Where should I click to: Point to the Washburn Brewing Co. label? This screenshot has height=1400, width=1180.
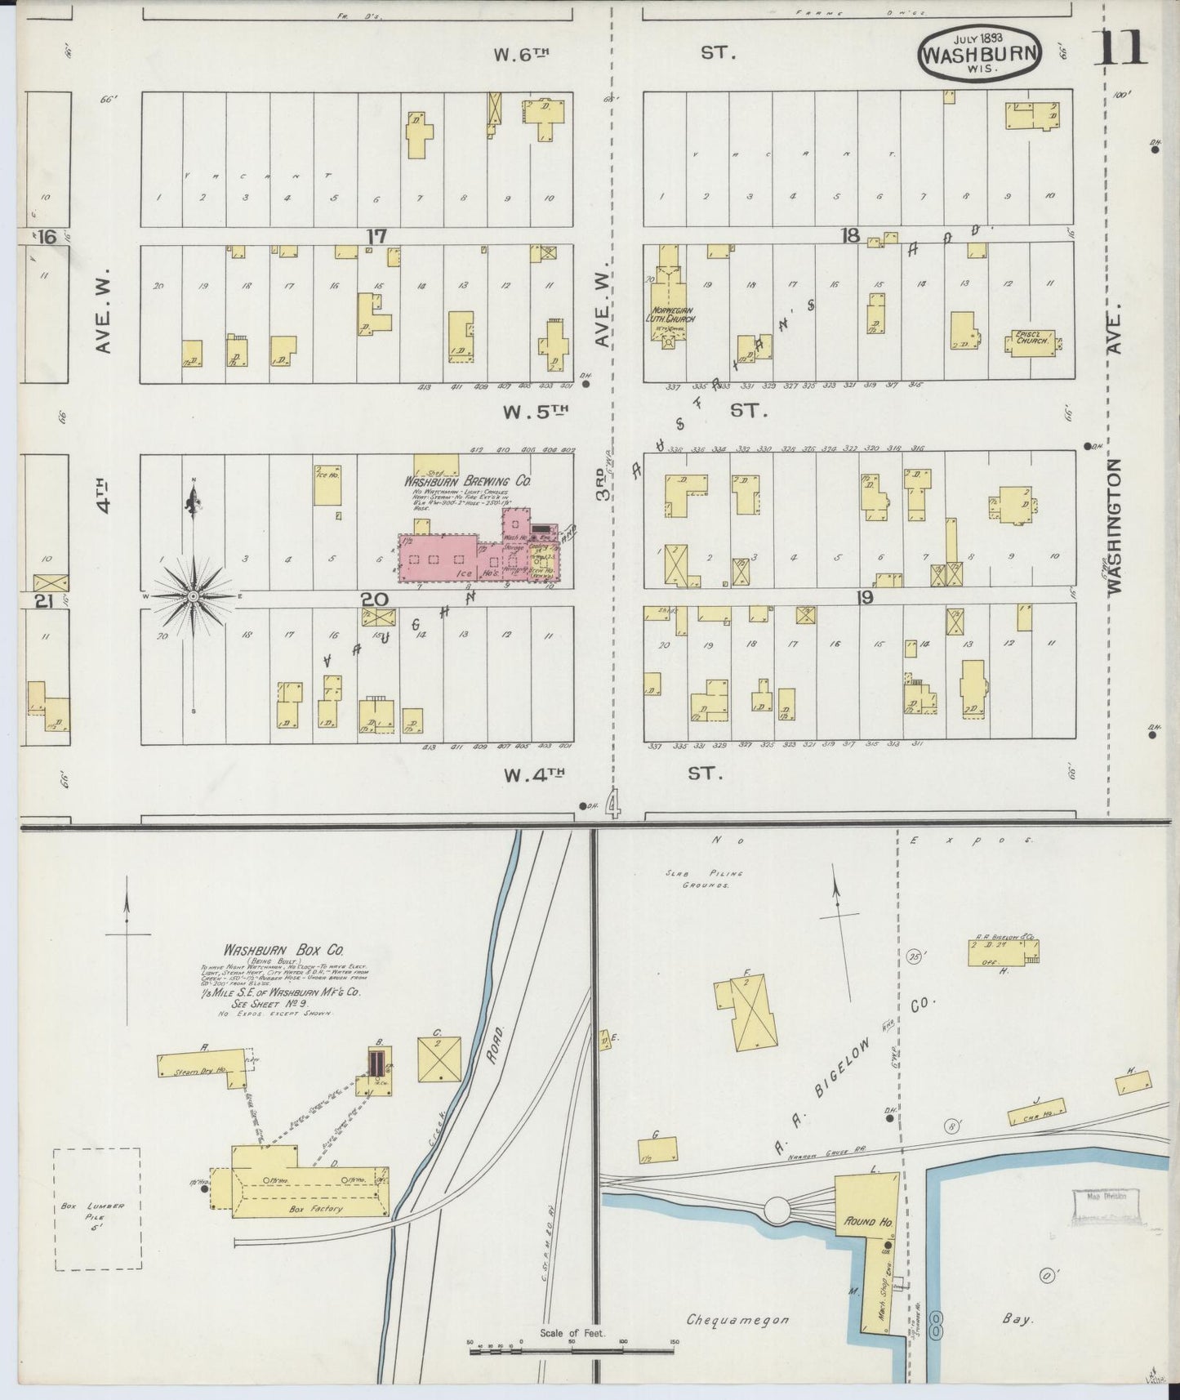click(x=468, y=482)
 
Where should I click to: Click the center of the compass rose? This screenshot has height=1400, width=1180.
click(x=194, y=597)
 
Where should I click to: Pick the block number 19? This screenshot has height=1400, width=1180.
click(x=865, y=598)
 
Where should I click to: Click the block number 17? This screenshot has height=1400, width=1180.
click(x=376, y=236)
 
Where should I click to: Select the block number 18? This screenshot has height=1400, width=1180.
click(x=851, y=235)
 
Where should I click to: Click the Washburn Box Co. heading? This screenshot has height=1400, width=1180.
click(x=283, y=951)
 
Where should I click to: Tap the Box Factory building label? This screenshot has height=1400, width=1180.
click(x=316, y=1208)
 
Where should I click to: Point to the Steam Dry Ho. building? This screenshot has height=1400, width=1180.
click(x=202, y=1066)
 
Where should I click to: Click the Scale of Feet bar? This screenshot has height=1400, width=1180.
click(x=572, y=1352)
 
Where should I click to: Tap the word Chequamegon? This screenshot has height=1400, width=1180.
click(x=737, y=1319)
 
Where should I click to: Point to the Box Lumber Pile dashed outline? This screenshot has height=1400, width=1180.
click(x=97, y=1209)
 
